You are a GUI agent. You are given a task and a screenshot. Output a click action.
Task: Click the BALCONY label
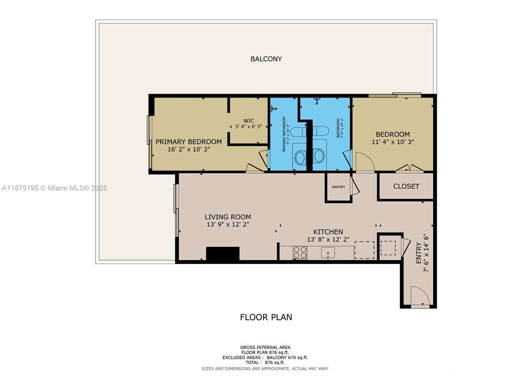tap(266, 59)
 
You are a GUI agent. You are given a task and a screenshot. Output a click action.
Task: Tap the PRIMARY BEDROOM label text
tap(189, 141)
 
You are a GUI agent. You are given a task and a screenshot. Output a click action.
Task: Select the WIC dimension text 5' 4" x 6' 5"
tap(249, 126)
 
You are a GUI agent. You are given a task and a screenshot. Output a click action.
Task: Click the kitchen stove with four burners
tap(300, 253)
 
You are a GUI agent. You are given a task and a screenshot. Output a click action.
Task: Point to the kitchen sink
tap(328, 253)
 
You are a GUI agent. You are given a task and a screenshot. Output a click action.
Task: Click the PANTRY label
tap(338, 187)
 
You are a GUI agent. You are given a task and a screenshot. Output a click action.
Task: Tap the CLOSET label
tap(406, 186)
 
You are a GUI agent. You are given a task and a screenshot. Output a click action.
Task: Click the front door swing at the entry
tap(420, 296)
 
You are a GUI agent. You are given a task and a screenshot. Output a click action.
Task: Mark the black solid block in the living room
tap(223, 254)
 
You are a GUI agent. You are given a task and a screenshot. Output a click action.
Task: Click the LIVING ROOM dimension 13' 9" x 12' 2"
tap(228, 225)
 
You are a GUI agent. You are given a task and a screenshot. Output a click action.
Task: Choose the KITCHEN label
tap(328, 232)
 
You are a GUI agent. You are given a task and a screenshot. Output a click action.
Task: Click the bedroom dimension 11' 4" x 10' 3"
tap(392, 142)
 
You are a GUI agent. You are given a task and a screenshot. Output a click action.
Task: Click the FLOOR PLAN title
tap(266, 317)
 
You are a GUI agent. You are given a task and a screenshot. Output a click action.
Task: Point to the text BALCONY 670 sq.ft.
tap(287, 358)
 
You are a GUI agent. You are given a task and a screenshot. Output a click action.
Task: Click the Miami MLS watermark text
tap(55, 188)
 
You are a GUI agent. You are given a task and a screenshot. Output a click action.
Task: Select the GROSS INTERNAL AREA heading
tap(265, 347)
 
